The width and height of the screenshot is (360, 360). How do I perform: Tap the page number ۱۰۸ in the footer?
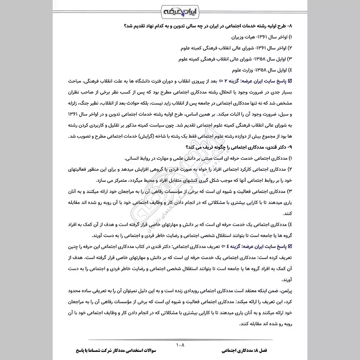[x=180, y=345]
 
